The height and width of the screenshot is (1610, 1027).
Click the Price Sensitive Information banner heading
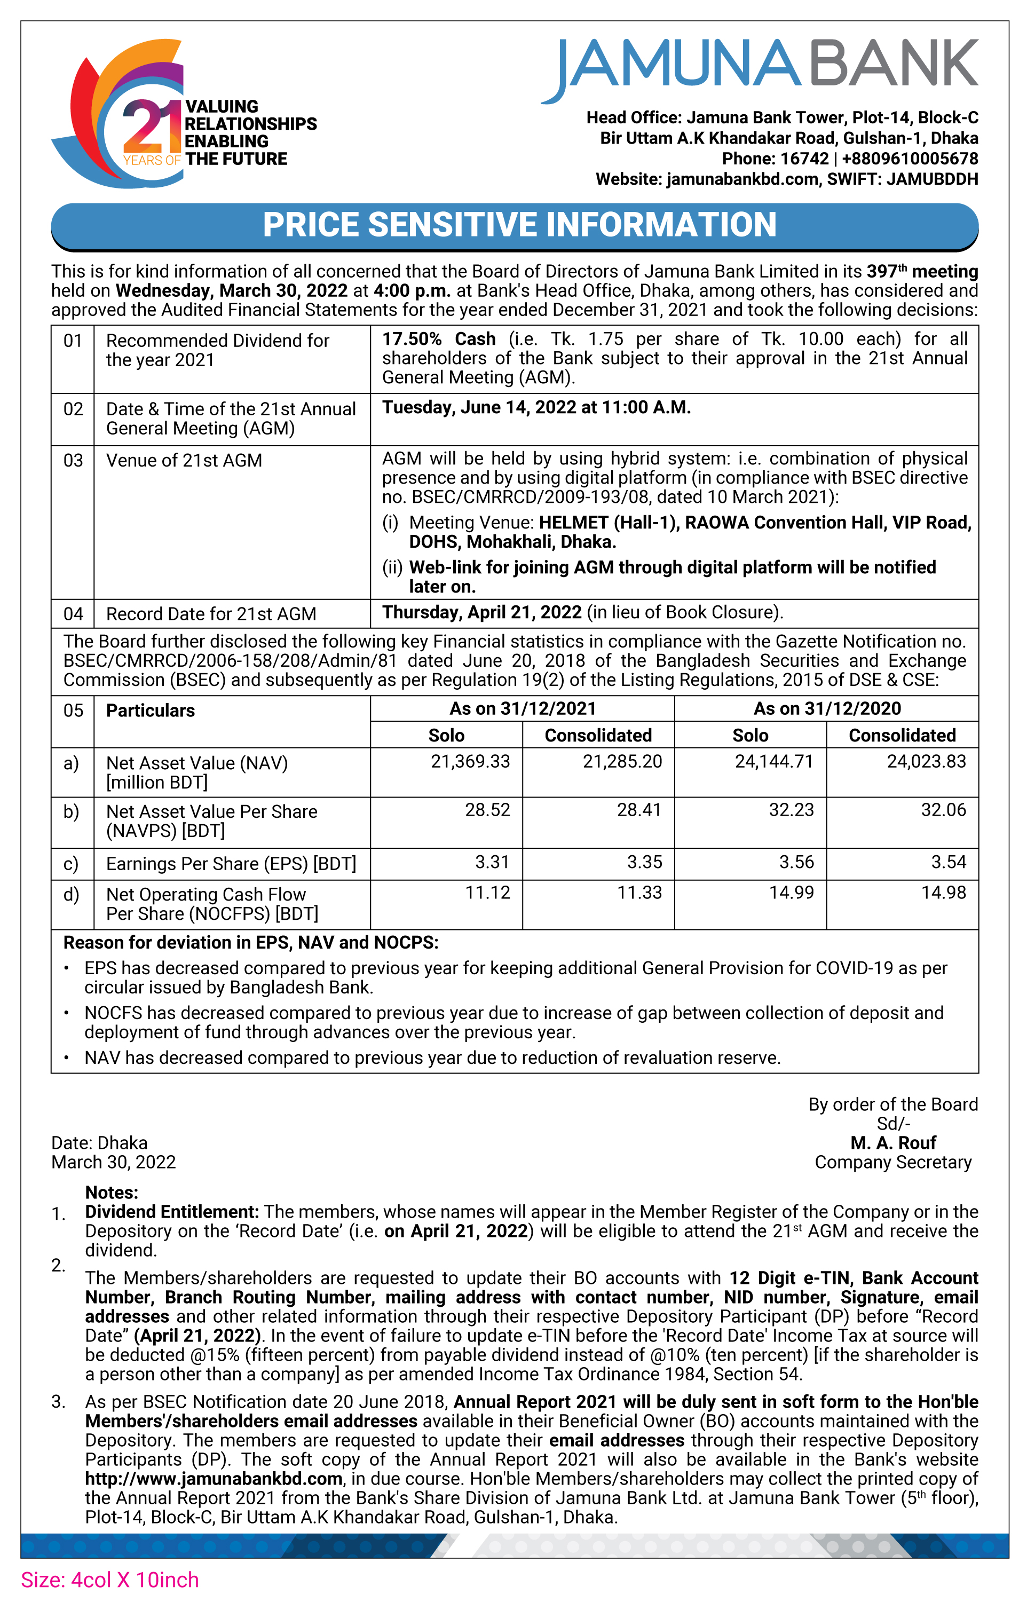pyautogui.click(x=519, y=225)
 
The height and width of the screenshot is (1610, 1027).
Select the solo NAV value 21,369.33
pyautogui.click(x=470, y=762)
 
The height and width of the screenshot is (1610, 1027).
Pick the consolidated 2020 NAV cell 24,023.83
pyautogui.click(x=926, y=762)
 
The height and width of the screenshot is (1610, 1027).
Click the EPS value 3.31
pyautogui.click(x=492, y=862)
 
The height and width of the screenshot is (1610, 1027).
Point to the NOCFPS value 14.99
pyautogui.click(x=792, y=893)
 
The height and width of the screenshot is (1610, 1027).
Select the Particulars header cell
pyautogui.click(x=151, y=711)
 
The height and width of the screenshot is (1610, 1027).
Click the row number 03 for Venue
pyautogui.click(x=73, y=461)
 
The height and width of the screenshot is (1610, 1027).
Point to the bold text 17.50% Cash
pyautogui.click(x=439, y=339)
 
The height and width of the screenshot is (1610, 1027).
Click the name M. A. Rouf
pyautogui.click(x=892, y=1143)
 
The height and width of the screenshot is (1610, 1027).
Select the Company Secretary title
pyautogui.click(x=892, y=1162)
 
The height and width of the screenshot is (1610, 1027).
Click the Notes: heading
pyautogui.click(x=112, y=1192)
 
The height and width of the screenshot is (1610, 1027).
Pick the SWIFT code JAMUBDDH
pyautogui.click(x=932, y=179)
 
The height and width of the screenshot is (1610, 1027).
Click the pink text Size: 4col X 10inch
pyautogui.click(x=110, y=1580)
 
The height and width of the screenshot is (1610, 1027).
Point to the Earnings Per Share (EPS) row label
pyautogui.click(x=231, y=864)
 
